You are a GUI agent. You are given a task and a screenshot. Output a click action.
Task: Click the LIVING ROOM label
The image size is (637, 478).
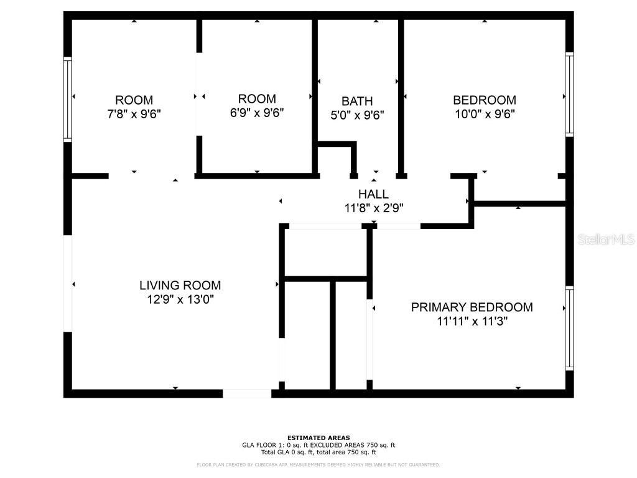(x=180, y=285)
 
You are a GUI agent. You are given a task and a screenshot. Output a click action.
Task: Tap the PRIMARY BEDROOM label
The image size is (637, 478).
(x=472, y=307)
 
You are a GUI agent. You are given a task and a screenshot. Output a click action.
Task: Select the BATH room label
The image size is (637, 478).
(x=357, y=101)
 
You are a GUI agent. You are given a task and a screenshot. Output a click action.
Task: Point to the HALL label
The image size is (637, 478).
(x=373, y=194)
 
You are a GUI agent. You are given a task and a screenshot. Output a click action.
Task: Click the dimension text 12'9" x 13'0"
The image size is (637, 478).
(x=180, y=299)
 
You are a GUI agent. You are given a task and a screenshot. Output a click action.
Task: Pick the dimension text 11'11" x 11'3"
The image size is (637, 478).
(x=472, y=322)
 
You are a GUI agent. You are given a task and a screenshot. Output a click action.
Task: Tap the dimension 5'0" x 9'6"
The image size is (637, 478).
(x=357, y=115)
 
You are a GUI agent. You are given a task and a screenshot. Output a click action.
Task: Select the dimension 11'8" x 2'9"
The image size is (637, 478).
(x=374, y=209)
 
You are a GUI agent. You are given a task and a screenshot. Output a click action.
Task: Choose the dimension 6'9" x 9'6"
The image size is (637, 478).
(x=257, y=113)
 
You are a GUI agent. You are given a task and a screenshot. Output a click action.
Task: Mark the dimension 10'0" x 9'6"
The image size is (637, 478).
(x=485, y=115)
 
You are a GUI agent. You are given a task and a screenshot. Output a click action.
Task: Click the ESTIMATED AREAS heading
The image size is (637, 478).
(x=318, y=438)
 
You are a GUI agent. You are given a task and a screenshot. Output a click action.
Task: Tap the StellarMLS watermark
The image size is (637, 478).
(x=606, y=240)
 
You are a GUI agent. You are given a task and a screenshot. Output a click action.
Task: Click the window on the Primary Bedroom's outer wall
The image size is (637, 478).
(x=570, y=329)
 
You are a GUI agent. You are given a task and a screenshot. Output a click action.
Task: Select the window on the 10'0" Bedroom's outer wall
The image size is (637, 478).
(x=570, y=95)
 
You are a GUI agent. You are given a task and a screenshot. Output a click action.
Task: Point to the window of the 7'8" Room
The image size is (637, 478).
(x=67, y=100)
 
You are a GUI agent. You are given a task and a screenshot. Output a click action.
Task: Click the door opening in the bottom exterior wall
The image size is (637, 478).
(x=247, y=393)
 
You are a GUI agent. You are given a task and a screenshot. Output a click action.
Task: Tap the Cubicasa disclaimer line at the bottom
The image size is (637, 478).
(x=318, y=464)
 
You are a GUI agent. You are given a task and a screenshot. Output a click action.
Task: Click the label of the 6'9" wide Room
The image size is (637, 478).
(x=257, y=99)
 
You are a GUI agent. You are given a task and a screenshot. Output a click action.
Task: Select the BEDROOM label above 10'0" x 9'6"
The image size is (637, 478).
(x=485, y=100)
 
